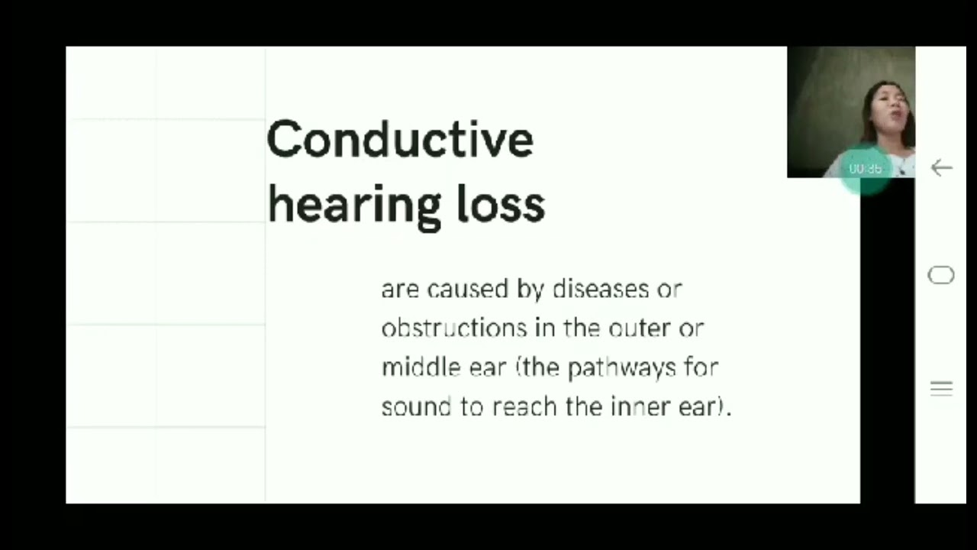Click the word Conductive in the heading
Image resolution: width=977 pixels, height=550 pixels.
(x=399, y=140)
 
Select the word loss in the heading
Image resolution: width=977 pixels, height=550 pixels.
(x=501, y=205)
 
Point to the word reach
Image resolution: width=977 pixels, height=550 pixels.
(x=525, y=406)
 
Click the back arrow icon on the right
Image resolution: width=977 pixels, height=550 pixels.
(x=941, y=168)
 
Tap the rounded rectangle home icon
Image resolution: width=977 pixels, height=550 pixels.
(x=941, y=275)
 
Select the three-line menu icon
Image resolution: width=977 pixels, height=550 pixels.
(x=941, y=389)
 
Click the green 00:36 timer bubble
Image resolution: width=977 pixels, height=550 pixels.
(x=866, y=169)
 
